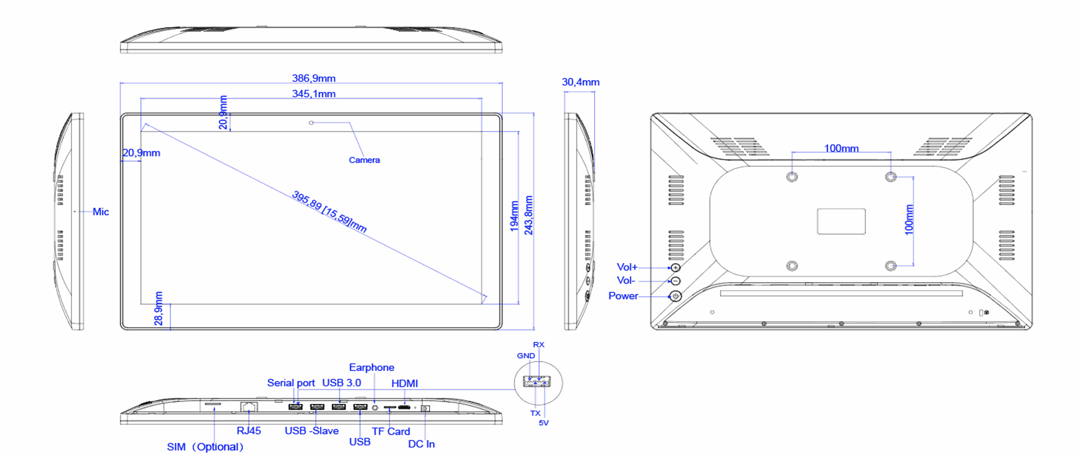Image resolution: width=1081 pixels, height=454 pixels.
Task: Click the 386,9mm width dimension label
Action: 314,78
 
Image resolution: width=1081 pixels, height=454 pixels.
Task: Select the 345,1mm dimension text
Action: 314,94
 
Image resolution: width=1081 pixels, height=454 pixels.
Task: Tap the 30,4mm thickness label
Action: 580,82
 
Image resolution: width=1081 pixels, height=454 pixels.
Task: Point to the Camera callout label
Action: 364,160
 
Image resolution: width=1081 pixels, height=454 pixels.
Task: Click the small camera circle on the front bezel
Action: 311,122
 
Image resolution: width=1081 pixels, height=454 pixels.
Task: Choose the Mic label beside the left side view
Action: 101,212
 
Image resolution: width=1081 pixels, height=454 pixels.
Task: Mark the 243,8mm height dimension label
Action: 529,215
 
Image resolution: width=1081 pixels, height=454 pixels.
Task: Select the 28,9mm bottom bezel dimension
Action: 159,309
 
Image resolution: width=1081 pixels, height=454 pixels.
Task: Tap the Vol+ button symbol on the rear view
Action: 676,268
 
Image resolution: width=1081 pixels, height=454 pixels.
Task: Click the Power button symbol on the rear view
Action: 676,296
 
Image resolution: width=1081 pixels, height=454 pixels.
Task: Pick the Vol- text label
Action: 626,281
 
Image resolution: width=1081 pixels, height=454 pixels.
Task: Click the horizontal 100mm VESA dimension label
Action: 841,148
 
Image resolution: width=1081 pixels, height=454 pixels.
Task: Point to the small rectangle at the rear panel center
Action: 841,221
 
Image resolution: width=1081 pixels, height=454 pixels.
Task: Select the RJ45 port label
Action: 249,431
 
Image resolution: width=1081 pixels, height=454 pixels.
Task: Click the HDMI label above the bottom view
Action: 404,384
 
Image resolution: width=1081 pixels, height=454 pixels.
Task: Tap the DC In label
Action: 421,444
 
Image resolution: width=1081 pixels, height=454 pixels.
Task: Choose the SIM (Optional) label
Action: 205,447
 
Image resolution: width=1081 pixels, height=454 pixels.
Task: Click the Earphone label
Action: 372,368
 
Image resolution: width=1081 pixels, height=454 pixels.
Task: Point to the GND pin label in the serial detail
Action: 526,355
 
